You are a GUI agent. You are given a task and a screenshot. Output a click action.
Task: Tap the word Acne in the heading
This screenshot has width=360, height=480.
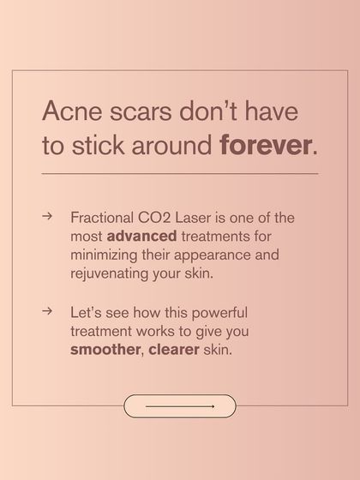(x=68, y=112)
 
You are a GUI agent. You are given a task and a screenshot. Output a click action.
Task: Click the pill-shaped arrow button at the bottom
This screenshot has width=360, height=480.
(x=179, y=406)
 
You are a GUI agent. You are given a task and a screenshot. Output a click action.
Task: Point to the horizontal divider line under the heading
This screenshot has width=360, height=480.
(x=179, y=174)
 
